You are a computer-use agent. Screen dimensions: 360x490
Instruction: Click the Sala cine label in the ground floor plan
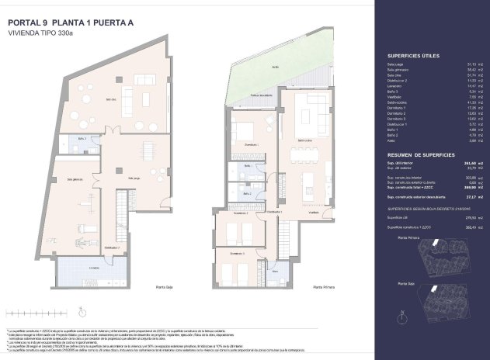(x=111, y=99)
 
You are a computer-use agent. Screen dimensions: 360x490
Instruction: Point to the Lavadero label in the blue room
(x=94, y=268)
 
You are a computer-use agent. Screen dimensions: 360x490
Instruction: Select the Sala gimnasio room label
(x=75, y=179)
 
